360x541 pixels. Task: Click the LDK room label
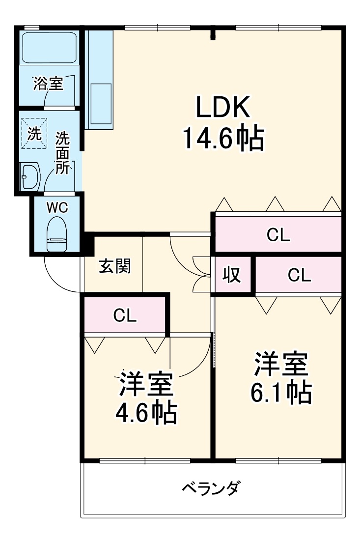pyautogui.click(x=223, y=107)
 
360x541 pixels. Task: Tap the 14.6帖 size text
pyautogui.click(x=223, y=139)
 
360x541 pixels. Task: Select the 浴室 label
pyautogui.click(x=48, y=84)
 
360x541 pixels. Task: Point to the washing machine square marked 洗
pyautogui.click(x=34, y=134)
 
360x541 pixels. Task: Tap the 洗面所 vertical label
pyautogui.click(x=62, y=153)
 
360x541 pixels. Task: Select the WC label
pyautogui.click(x=57, y=207)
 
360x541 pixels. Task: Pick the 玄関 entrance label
pyautogui.click(x=114, y=266)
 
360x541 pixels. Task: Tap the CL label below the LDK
pyautogui.click(x=278, y=235)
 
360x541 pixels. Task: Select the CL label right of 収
pyautogui.click(x=299, y=276)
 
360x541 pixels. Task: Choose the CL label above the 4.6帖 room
pyautogui.click(x=125, y=315)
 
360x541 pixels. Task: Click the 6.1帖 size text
pyautogui.click(x=281, y=392)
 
